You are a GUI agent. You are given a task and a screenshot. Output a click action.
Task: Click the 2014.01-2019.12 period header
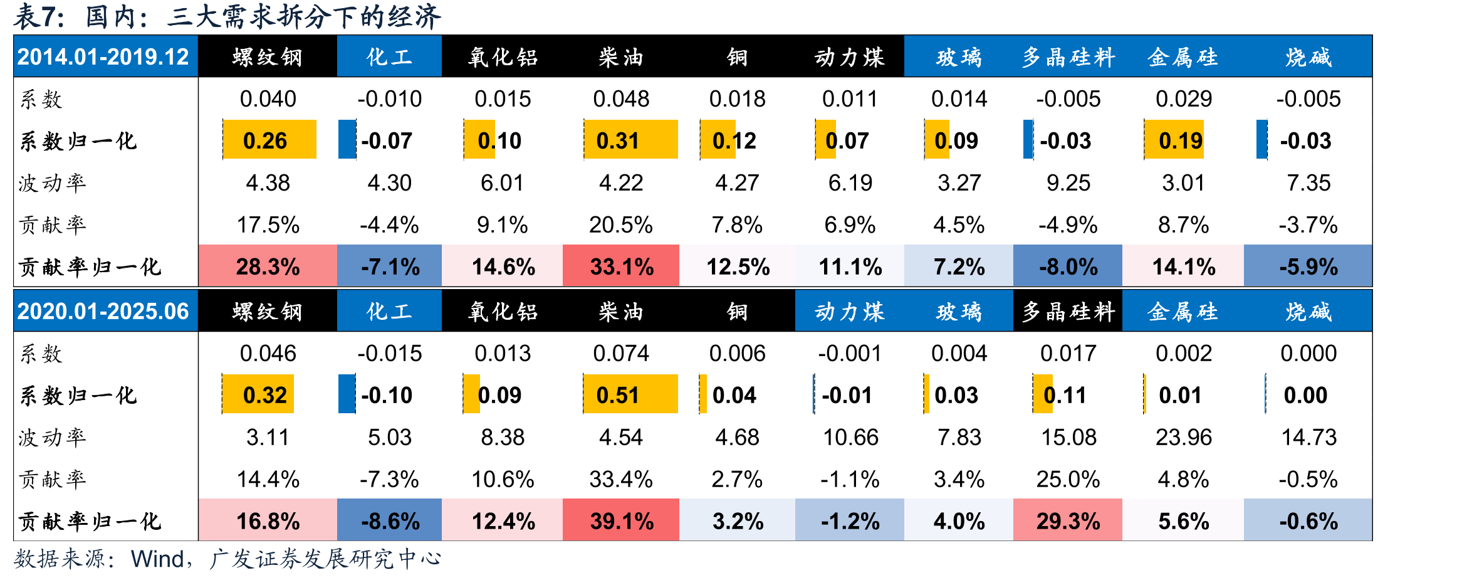[x=103, y=57]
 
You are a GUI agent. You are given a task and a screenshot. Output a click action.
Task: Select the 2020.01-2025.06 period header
[x=103, y=311]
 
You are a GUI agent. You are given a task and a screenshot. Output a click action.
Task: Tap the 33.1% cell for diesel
[x=621, y=266]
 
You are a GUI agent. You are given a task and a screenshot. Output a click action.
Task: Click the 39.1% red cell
[x=621, y=520]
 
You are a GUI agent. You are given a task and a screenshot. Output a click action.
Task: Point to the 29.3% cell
[x=1068, y=520]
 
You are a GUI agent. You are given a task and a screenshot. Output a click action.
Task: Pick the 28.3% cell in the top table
[x=268, y=266]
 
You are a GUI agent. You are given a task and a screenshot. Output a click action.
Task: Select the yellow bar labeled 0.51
[x=630, y=394]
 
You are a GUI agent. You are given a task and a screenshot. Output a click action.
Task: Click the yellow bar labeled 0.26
[x=269, y=139]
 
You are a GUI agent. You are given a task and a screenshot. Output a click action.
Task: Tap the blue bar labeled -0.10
[x=347, y=394]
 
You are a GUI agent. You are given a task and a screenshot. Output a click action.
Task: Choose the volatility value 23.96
[x=1184, y=437]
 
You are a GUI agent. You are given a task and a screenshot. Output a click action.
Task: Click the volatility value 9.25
[x=1068, y=182]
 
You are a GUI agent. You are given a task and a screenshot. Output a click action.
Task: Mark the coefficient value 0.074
[x=621, y=353]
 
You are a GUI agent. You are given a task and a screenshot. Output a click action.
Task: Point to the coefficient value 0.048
[x=621, y=98]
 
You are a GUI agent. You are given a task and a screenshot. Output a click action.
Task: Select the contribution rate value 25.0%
[x=1068, y=479]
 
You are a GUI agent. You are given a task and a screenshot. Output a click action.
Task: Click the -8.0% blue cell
[x=1068, y=266]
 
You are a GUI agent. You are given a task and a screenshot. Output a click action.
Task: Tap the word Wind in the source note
[x=157, y=559]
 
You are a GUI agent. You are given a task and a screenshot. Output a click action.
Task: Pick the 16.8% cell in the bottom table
[x=268, y=520]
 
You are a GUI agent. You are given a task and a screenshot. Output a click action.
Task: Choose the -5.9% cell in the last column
[x=1308, y=266]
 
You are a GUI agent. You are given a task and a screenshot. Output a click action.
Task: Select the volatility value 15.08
[x=1068, y=437]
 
